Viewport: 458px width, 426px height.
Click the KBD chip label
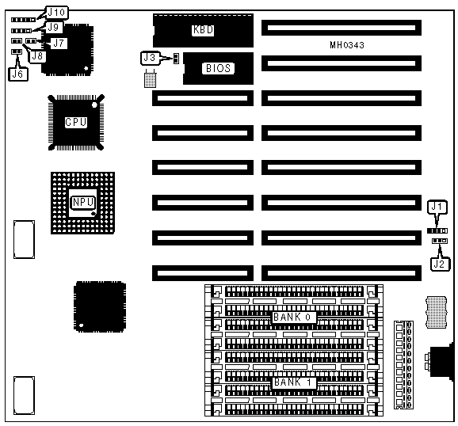coord(203,30)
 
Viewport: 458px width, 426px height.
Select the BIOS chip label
coord(218,68)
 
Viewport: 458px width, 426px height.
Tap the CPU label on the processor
coord(76,122)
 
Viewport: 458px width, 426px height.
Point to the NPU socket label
coord(83,202)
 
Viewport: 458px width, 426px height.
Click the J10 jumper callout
coord(56,13)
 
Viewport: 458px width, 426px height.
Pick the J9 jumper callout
coord(53,28)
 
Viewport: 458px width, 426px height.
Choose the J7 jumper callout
coord(59,44)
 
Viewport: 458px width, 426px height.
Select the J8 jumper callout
coord(37,55)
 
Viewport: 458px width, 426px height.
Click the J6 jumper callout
coord(17,74)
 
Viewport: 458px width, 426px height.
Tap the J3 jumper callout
coord(150,58)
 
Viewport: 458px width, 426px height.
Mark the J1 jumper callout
coord(437,207)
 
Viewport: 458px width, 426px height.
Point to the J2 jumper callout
coord(440,264)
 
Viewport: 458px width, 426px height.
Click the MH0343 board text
coord(347,45)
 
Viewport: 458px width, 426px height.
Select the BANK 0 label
coord(293,317)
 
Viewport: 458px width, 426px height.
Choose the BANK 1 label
coord(293,382)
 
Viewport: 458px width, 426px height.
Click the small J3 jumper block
coord(176,59)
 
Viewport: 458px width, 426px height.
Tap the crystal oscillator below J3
coord(151,79)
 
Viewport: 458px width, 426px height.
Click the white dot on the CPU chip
coord(94,105)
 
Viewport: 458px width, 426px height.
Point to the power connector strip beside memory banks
coord(403,365)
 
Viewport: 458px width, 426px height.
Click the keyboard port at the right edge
coord(441,361)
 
